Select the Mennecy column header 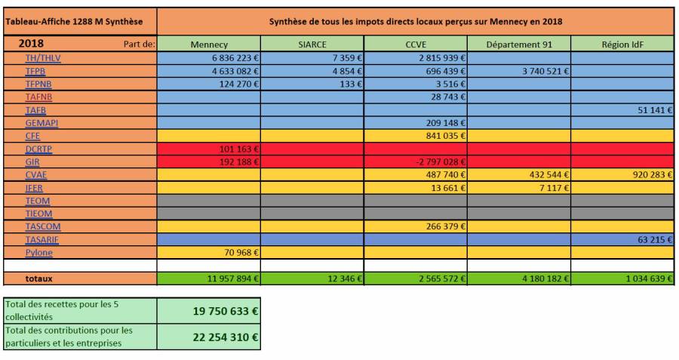209,45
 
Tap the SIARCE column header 312,45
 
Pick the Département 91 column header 518,45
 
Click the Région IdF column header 622,45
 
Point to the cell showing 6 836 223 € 231,57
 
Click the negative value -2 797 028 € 436,162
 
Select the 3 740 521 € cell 539,71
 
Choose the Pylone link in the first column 39,252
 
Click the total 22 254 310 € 225,336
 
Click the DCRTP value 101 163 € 238,149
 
